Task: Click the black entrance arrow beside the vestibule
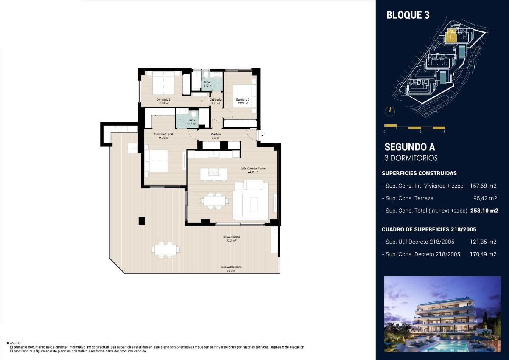tap(263, 135)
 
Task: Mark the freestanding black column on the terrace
tap(142, 221)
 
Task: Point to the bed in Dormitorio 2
tap(162, 83)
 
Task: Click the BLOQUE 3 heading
tap(408, 15)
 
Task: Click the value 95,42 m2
tap(484, 198)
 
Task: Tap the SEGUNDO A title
tap(409, 147)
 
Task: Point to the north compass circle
tap(389, 111)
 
